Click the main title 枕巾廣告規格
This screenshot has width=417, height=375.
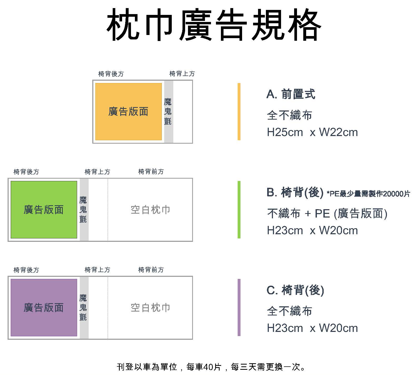[214, 25]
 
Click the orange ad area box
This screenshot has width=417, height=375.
[129, 112]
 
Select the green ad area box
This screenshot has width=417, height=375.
[44, 210]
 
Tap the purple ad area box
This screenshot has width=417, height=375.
[44, 307]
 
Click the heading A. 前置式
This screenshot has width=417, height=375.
[291, 94]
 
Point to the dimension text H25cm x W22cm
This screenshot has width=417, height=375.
[312, 132]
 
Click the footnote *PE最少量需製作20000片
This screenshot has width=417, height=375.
[368, 194]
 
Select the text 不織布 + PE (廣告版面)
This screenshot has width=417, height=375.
[327, 214]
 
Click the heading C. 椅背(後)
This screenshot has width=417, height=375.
[295, 290]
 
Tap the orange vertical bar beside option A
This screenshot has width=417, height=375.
[239, 112]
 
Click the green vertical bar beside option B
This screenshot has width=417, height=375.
[239, 210]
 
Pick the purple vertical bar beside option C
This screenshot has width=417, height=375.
[239, 307]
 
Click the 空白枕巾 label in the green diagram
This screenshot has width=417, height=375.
[150, 210]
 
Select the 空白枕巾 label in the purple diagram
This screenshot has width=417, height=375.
[150, 308]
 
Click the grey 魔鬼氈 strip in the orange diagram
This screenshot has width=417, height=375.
[169, 112]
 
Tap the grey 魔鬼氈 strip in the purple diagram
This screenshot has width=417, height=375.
[84, 308]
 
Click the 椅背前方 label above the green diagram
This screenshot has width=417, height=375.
[151, 172]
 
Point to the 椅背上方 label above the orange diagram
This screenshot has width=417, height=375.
[182, 74]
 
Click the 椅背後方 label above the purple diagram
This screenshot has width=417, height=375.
[26, 270]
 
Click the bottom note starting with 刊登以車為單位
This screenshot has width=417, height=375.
[211, 367]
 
